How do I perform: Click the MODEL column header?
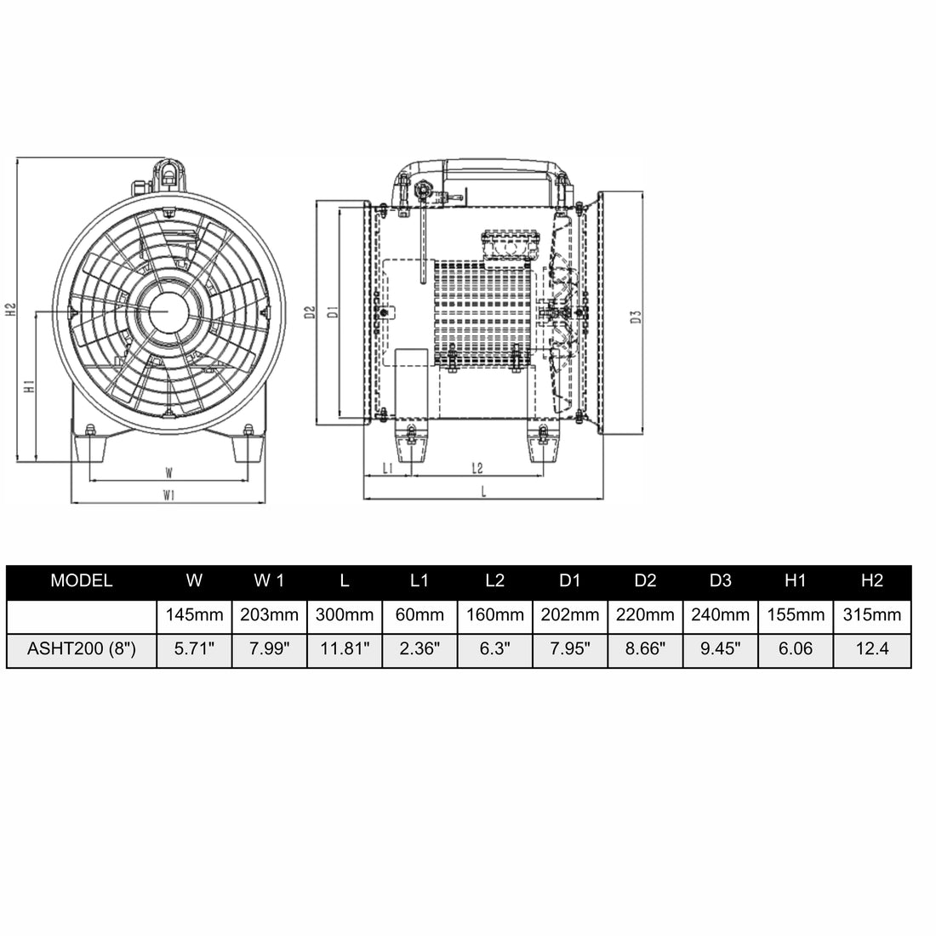click(82, 581)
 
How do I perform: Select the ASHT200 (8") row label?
click(82, 649)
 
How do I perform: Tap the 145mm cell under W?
click(194, 614)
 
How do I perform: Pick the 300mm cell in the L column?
click(344, 614)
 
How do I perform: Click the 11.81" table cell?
click(344, 649)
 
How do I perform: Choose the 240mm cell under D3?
click(720, 614)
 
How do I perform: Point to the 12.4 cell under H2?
click(871, 649)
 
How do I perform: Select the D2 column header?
click(645, 581)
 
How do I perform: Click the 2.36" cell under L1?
click(419, 649)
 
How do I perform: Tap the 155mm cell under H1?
click(795, 614)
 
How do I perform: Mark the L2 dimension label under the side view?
click(477, 467)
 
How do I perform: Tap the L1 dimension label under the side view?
click(387, 467)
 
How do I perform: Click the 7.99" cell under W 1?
click(269, 649)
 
